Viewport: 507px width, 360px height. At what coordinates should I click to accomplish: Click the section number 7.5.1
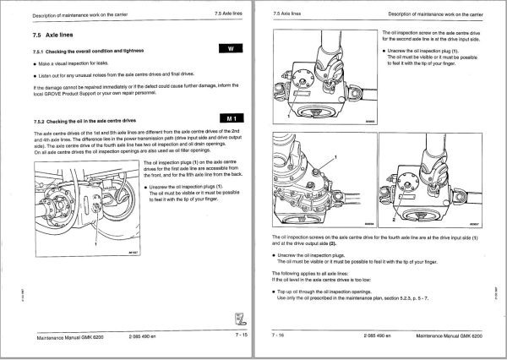coord(41,52)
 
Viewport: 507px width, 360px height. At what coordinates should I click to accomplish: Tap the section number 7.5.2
coord(41,122)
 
